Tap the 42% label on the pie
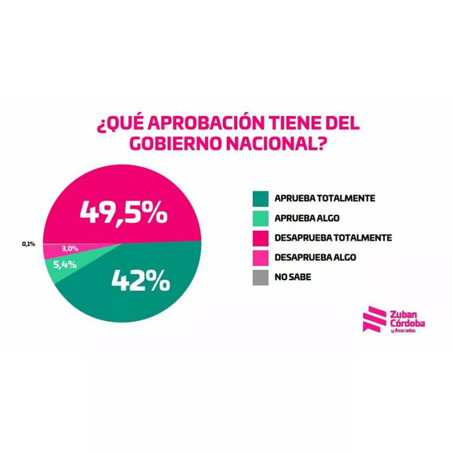pos(141,280)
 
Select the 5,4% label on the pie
pos(65,265)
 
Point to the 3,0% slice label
pos(70,249)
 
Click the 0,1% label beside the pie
pos(28,244)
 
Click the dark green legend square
pos(261,199)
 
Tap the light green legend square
pos(261,218)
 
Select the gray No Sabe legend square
pos(261,277)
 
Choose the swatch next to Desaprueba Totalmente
pos(261,238)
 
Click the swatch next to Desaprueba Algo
pos(261,258)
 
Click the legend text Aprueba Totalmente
pos(325,198)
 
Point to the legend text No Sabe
pos(293,277)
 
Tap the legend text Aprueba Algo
pos(307,218)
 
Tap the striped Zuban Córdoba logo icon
pos(374,319)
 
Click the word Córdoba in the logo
pos(408,323)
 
